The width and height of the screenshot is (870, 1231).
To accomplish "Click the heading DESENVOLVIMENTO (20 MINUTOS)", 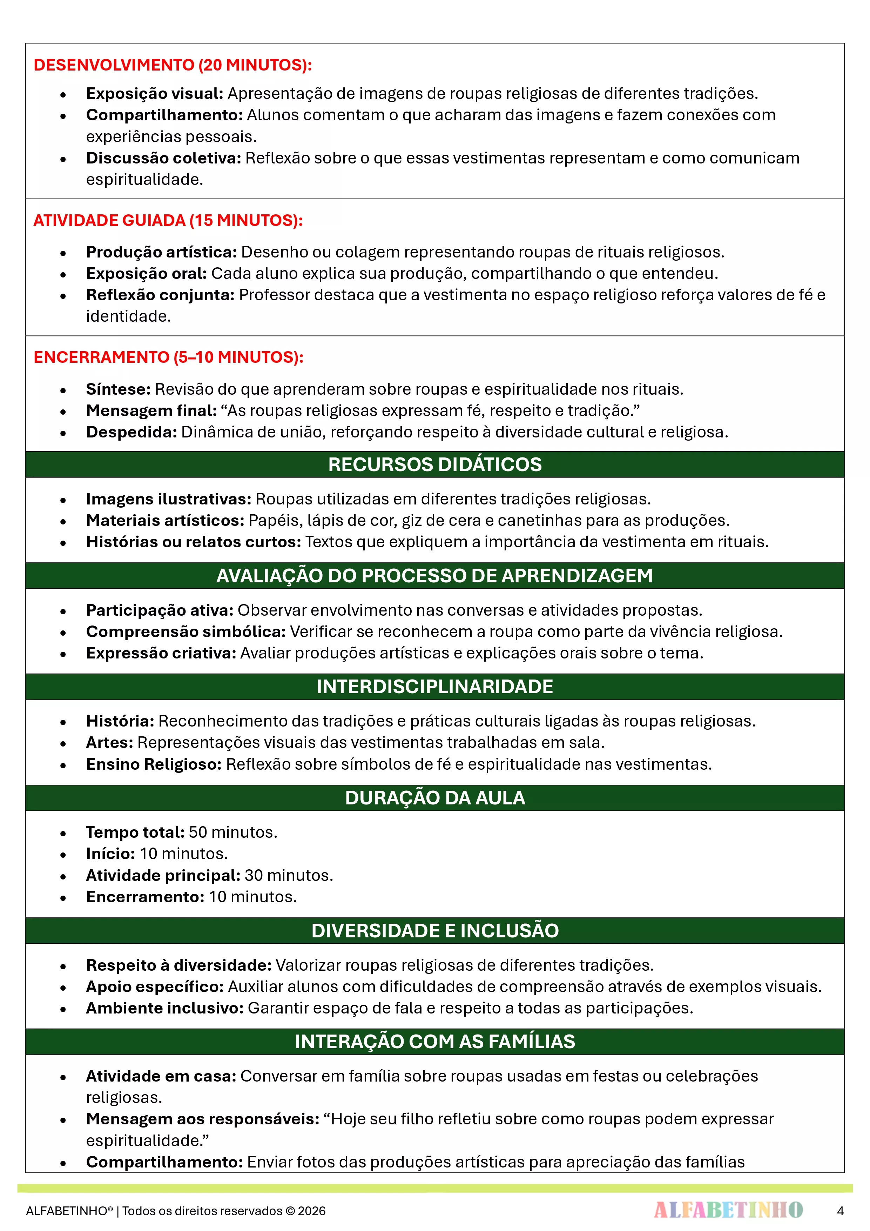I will [x=173, y=65].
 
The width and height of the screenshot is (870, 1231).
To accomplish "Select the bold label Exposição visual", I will [x=154, y=93].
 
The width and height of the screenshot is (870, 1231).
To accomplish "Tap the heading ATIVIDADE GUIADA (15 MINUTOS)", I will [x=168, y=220].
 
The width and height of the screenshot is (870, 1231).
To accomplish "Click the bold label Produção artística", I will [x=161, y=252].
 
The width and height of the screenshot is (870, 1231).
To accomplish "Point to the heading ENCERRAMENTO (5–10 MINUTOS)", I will [x=168, y=357].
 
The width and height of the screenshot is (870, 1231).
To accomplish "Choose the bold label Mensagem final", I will [x=151, y=411].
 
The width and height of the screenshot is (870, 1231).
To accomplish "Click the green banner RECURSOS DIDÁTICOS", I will [x=435, y=464].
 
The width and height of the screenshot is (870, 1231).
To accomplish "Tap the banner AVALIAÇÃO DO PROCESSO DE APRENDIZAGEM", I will [x=435, y=576].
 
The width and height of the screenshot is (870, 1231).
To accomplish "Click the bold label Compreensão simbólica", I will [x=186, y=631].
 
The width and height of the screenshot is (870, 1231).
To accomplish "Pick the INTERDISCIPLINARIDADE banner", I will [x=435, y=687].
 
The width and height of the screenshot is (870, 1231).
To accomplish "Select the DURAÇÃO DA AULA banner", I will [x=435, y=798].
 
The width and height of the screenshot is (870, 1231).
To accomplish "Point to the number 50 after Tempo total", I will [x=198, y=832].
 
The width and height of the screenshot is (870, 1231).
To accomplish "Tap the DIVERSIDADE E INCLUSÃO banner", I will [x=435, y=931].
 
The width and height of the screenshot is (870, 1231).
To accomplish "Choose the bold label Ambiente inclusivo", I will [x=164, y=1009].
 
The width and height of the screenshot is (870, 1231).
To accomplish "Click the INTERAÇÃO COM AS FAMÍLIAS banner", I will [x=435, y=1042].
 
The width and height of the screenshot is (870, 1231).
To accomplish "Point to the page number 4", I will [x=840, y=1211].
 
